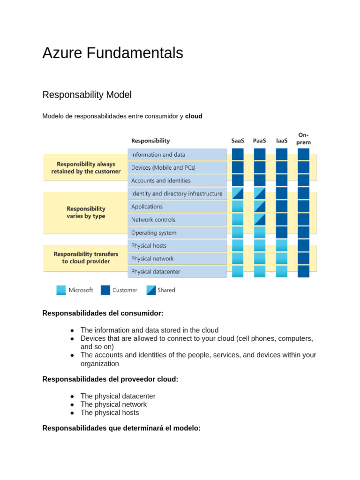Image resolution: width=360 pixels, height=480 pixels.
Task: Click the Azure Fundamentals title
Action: click(112, 53)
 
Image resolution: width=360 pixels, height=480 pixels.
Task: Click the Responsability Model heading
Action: click(87, 95)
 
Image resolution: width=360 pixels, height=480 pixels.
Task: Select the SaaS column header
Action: click(238, 141)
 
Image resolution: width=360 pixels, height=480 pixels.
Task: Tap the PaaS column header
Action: click(259, 141)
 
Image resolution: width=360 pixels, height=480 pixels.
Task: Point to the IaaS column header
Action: click(281, 141)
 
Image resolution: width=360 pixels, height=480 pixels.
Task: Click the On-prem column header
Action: click(303, 139)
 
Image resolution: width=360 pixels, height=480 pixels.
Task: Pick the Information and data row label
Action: click(158, 155)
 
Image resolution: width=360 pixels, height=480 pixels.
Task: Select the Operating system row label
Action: click(154, 232)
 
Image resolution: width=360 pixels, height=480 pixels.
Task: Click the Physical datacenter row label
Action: click(156, 272)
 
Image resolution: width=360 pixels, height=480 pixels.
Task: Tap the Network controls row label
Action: click(153, 220)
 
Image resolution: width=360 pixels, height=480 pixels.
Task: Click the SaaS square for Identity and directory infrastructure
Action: click(238, 193)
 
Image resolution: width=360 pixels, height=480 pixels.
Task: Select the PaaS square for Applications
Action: click(259, 206)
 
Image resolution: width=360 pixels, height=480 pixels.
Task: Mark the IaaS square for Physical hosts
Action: click(281, 245)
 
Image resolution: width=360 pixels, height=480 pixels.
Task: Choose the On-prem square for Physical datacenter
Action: click(303, 271)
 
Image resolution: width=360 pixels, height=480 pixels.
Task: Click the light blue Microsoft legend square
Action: click(61, 290)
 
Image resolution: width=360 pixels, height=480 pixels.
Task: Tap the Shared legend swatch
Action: click(151, 290)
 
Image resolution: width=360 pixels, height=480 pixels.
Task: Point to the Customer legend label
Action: click(125, 290)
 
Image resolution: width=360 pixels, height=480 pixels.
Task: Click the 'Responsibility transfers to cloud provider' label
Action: click(86, 258)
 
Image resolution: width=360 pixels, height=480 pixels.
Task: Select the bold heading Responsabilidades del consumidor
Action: click(103, 313)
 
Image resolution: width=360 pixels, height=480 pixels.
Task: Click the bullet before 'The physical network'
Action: click(73, 405)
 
